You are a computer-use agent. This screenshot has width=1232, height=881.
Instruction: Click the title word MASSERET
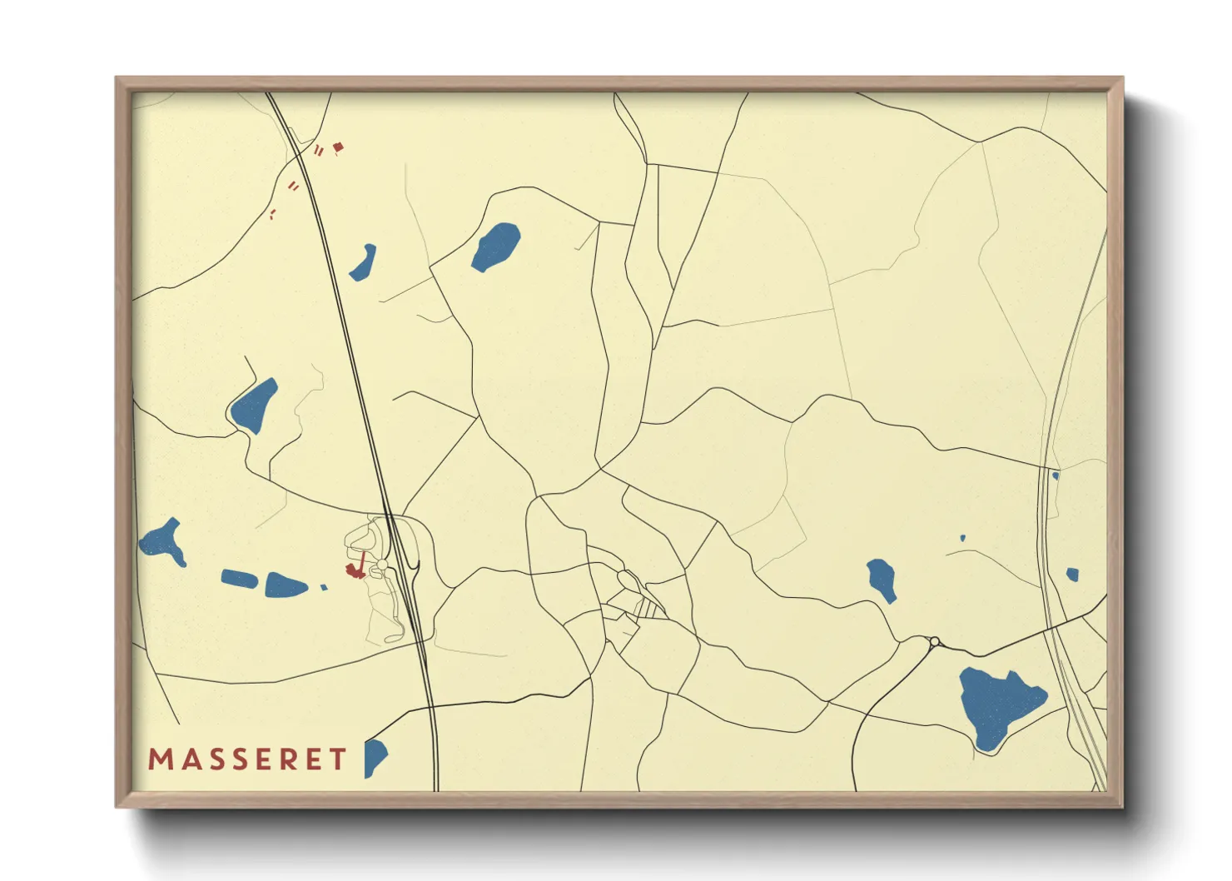tap(247, 759)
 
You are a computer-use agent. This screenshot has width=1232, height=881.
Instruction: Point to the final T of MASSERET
tap(338, 759)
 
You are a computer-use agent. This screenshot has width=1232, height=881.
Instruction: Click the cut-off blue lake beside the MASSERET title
tap(374, 757)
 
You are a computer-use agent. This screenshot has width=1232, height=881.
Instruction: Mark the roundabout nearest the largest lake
tap(935, 641)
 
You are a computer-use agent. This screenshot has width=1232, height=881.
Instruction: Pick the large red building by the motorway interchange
tap(356, 570)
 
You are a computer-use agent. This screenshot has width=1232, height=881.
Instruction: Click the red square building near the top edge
tap(338, 147)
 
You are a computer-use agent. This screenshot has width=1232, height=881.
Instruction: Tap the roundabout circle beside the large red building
tap(382, 565)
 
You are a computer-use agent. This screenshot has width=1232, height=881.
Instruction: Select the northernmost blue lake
tap(496, 246)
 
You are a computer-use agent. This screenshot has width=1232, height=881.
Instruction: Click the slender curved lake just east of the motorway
tap(363, 262)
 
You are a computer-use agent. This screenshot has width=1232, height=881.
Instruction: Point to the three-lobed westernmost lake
tap(163, 542)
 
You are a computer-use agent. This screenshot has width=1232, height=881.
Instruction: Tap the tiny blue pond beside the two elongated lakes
tap(324, 587)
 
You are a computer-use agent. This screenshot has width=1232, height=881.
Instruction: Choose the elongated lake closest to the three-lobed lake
tap(238, 578)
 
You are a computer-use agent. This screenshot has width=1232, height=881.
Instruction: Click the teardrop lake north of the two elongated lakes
tap(253, 406)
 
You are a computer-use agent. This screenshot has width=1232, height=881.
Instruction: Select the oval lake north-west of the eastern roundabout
tap(882, 579)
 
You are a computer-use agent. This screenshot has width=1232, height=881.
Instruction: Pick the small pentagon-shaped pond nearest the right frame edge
tap(1072, 574)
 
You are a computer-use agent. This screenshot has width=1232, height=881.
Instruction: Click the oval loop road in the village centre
tap(627, 579)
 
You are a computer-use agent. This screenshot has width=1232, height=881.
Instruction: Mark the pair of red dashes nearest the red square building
tap(319, 150)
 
